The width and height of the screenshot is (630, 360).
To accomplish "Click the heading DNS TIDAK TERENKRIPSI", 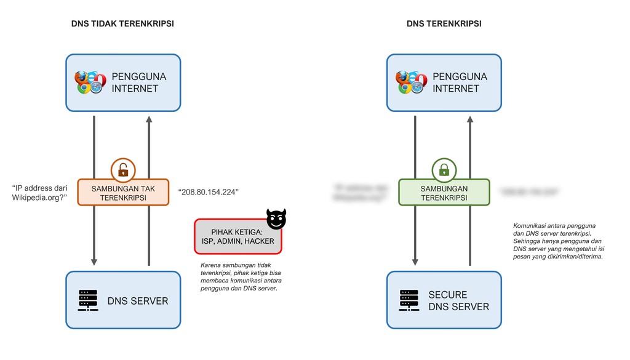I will pos(123,23).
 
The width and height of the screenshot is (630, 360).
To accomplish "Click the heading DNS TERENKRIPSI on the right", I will pos(444,23).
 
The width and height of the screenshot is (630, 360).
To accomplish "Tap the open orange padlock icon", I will pos(123,169).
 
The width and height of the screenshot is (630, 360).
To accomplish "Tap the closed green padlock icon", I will pos(444,169).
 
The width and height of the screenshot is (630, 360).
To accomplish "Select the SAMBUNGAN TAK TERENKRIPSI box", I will pos(123,193).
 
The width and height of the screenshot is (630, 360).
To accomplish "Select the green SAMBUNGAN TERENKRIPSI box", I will pos(444,193).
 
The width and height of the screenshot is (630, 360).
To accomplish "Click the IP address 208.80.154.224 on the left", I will pos(209,193).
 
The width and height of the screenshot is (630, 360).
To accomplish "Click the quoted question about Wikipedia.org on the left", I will pos(40,193).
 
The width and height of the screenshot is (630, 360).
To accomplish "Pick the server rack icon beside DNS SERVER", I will pos(87,300).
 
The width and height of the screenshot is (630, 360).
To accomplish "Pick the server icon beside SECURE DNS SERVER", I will pos(409,300).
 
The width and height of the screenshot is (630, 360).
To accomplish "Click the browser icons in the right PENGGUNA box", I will pos(410,82).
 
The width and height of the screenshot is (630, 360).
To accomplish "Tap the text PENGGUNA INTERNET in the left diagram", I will pos(138,82).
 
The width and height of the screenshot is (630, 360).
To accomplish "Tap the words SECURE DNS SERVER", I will pos(458,300).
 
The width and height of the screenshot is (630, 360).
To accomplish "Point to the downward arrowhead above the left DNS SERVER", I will pos(94,262).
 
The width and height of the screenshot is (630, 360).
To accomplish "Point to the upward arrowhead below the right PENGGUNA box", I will pos(470,119).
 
